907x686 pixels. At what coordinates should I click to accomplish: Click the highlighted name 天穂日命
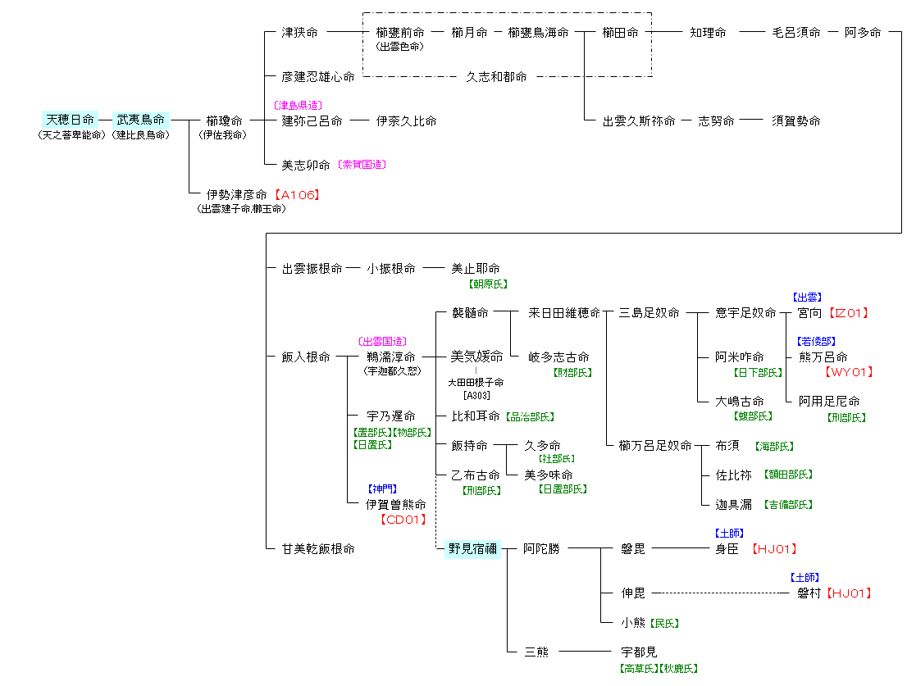pos(70,120)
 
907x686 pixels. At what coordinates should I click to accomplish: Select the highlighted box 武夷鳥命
pos(140,120)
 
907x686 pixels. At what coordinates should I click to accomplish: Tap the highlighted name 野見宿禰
pos(472,549)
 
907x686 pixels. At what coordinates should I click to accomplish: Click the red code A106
pos(295,195)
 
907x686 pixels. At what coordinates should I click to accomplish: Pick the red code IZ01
pos(849,313)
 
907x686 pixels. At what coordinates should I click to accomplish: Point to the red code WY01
pos(846,372)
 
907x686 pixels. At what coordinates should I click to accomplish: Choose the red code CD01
pos(402,519)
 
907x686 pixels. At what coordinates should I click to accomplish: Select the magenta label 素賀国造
pos(362,165)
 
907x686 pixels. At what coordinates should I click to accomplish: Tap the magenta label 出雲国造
pos(382,341)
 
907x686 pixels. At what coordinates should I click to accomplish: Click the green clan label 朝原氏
pos(488,284)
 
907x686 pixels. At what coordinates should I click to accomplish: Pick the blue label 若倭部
pos(817,341)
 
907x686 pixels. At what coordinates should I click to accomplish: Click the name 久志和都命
pos(496,76)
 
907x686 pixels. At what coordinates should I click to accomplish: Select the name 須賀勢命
pos(795,120)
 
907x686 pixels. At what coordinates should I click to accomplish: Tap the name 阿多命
pos(863,33)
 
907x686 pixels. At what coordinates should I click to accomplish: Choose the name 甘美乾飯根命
pos(318,549)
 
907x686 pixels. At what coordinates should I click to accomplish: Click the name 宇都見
pos(639,652)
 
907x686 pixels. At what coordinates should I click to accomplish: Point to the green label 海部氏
pos(774,447)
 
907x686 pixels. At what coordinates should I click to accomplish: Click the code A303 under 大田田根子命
pos(476,396)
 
